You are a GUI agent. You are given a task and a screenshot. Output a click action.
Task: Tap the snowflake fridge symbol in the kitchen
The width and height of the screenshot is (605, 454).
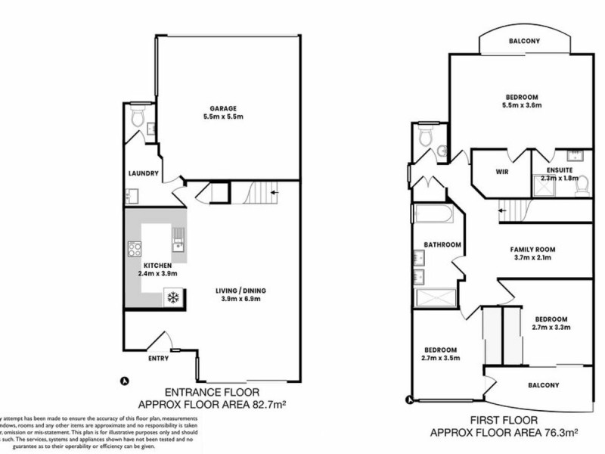click(172, 296)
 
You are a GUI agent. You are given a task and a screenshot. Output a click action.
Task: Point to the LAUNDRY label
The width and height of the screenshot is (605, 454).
click(143, 173)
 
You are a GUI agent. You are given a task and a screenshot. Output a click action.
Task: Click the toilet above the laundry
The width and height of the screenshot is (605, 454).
click(137, 118)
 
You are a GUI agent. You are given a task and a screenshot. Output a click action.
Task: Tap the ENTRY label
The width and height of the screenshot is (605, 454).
click(158, 359)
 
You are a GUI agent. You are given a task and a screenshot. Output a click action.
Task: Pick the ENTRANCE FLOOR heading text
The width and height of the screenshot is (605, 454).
click(212, 392)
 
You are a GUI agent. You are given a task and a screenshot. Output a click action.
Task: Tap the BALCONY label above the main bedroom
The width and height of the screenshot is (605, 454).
click(523, 42)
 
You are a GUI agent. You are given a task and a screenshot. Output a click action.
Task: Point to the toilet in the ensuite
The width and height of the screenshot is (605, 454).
click(581, 186)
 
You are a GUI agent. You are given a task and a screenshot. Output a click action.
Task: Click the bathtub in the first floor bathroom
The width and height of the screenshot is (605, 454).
click(433, 216)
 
